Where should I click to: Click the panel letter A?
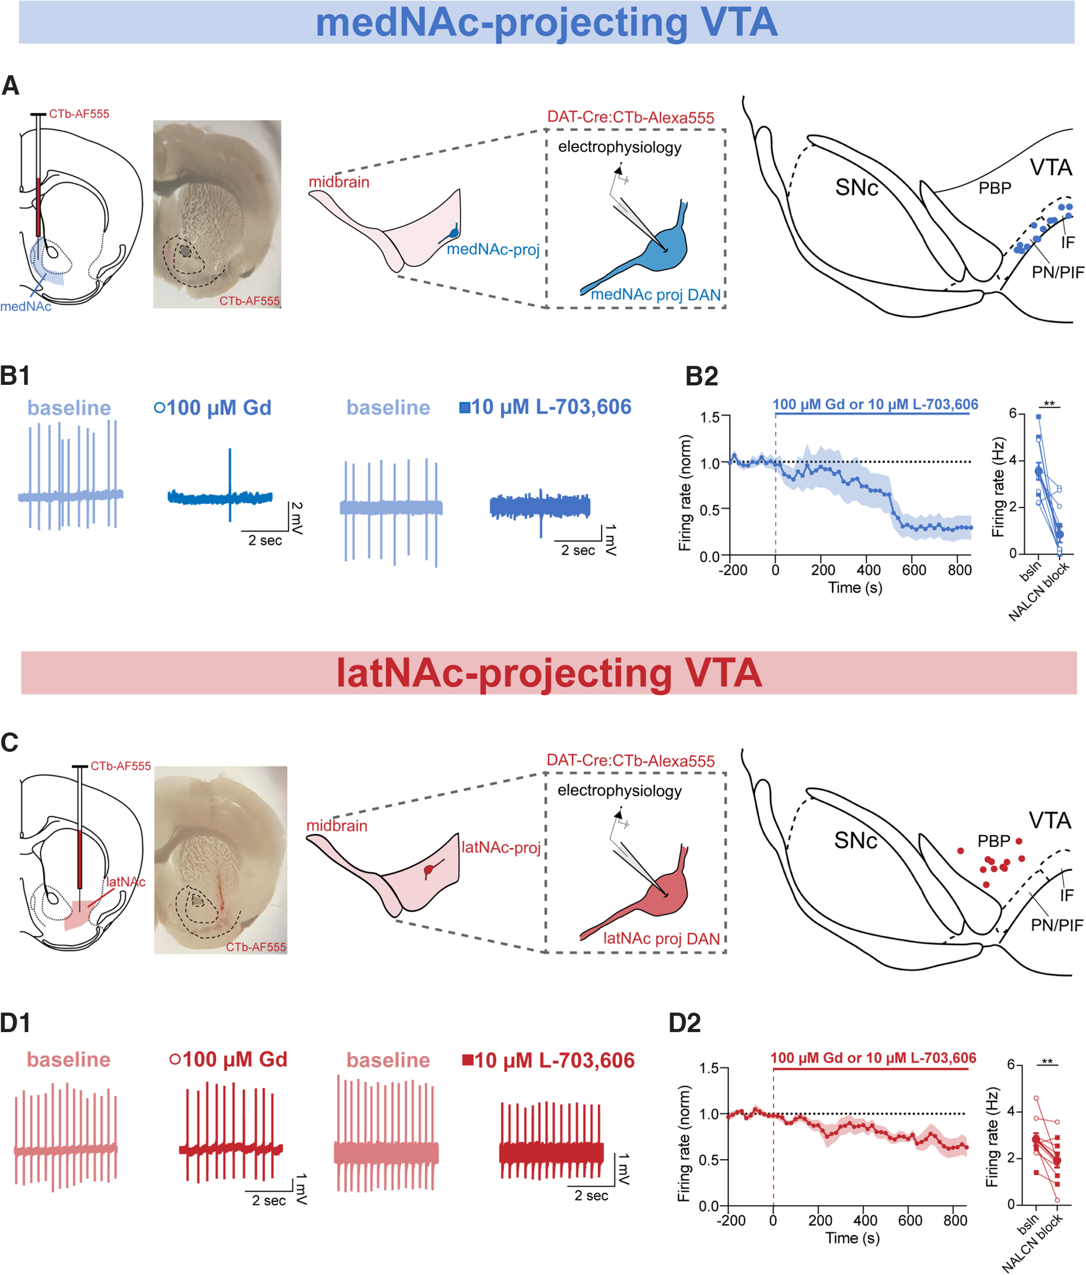11,85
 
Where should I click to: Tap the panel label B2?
702,376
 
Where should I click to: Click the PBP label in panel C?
994,840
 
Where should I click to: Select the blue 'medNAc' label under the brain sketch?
26,306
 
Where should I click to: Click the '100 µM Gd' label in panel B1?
219,407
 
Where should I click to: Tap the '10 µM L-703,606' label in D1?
554,1060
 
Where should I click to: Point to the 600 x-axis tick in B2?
914,570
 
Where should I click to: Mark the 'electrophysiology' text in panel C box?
619,791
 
